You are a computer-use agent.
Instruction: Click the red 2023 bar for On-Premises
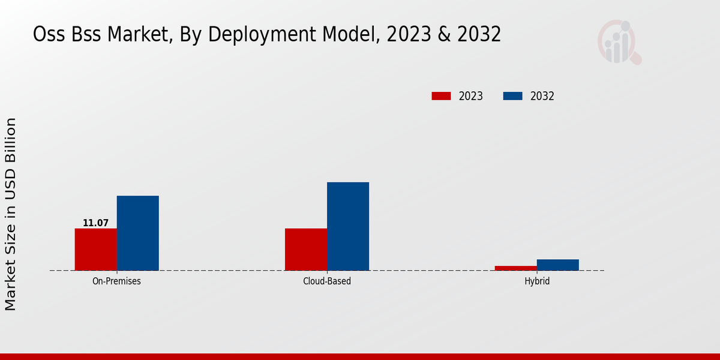tap(95, 249)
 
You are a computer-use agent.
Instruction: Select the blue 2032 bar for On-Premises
tap(137, 233)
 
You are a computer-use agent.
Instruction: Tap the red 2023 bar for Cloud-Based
tap(306, 249)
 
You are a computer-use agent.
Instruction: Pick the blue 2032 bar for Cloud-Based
tap(348, 226)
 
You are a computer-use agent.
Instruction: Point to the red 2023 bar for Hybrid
tap(516, 268)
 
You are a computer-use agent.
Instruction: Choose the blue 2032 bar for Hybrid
tap(558, 265)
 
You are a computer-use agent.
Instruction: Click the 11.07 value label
tap(95, 223)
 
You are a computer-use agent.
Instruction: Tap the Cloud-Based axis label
tap(327, 281)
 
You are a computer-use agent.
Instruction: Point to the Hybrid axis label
tap(537, 281)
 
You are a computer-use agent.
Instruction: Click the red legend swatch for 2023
tap(441, 96)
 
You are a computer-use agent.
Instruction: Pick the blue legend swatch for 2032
tap(512, 96)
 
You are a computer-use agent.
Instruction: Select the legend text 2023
tap(471, 96)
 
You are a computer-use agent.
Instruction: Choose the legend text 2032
tap(542, 96)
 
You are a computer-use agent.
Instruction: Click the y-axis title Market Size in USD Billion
tap(11, 214)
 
